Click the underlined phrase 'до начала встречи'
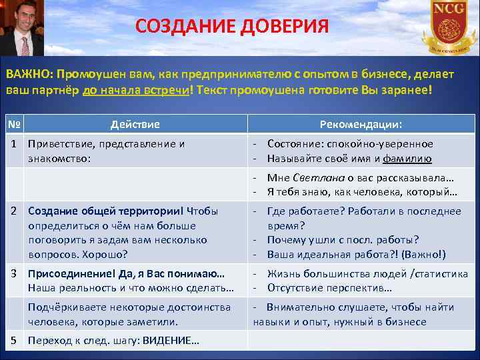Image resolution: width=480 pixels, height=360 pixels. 136,90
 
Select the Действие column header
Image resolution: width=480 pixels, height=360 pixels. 135,124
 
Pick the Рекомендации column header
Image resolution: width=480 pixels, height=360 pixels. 361,124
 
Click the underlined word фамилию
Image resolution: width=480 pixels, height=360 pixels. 408,159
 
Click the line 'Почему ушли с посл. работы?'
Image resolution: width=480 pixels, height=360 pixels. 343,240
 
